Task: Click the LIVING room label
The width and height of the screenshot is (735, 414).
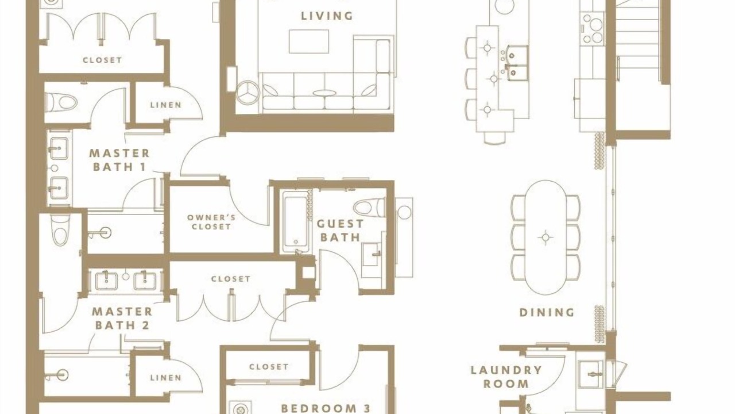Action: tap(327, 16)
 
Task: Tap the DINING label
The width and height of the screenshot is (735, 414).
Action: tap(547, 312)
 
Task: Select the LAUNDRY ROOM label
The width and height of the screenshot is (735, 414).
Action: tap(506, 377)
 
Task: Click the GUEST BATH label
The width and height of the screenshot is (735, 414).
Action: tap(341, 231)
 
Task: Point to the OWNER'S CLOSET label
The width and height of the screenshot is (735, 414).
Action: tap(211, 222)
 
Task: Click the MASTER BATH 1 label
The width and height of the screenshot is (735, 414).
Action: tap(119, 160)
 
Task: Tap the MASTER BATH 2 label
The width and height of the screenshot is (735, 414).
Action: tap(122, 319)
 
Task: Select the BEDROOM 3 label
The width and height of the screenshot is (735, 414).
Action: tap(326, 408)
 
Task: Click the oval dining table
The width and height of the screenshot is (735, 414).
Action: tap(546, 237)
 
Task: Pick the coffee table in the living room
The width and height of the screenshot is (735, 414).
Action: tap(309, 41)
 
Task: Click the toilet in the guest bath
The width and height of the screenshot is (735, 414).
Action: tap(369, 208)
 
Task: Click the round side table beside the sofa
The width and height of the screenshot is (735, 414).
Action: tap(247, 93)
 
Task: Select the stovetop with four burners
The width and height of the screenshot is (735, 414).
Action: tap(592, 29)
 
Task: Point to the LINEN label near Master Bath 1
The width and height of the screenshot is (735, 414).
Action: tap(166, 105)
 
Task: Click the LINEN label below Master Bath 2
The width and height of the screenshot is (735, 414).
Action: tap(166, 378)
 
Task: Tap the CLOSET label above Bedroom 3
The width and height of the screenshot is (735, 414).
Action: tap(269, 367)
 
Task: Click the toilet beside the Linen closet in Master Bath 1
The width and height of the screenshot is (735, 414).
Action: tap(61, 102)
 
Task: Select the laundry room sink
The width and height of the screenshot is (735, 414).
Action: tap(591, 374)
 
